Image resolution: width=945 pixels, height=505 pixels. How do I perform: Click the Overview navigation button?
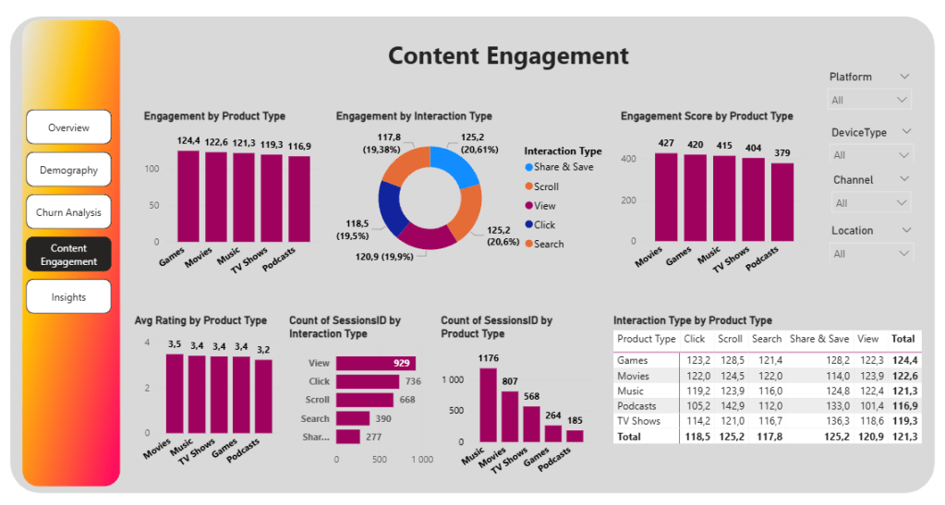pyautogui.click(x=68, y=127)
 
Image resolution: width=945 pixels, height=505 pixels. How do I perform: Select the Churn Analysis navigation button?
pyautogui.click(x=68, y=212)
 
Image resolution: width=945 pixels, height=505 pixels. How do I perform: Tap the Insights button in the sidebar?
pyautogui.click(x=68, y=297)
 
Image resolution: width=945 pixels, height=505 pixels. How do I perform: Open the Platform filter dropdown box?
pyautogui.click(x=869, y=100)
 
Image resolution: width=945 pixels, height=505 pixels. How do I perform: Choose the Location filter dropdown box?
pyautogui.click(x=869, y=254)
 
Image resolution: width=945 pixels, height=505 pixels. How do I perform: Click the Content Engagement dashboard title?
pyautogui.click(x=508, y=55)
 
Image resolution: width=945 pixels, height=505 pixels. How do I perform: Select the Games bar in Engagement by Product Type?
pyautogui.click(x=188, y=196)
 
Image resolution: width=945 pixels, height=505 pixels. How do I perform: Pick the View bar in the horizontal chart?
pyautogui.click(x=375, y=364)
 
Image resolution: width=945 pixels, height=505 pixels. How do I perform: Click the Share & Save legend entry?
pyautogui.click(x=563, y=167)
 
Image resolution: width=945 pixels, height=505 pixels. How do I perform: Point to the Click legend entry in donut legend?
pyautogui.click(x=544, y=224)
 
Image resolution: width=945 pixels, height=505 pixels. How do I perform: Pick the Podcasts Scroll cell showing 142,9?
pyautogui.click(x=730, y=406)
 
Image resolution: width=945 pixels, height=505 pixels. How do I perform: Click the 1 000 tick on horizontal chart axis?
pyautogui.click(x=421, y=459)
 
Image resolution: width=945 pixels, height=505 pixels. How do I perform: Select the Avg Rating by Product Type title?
pyautogui.click(x=200, y=320)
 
